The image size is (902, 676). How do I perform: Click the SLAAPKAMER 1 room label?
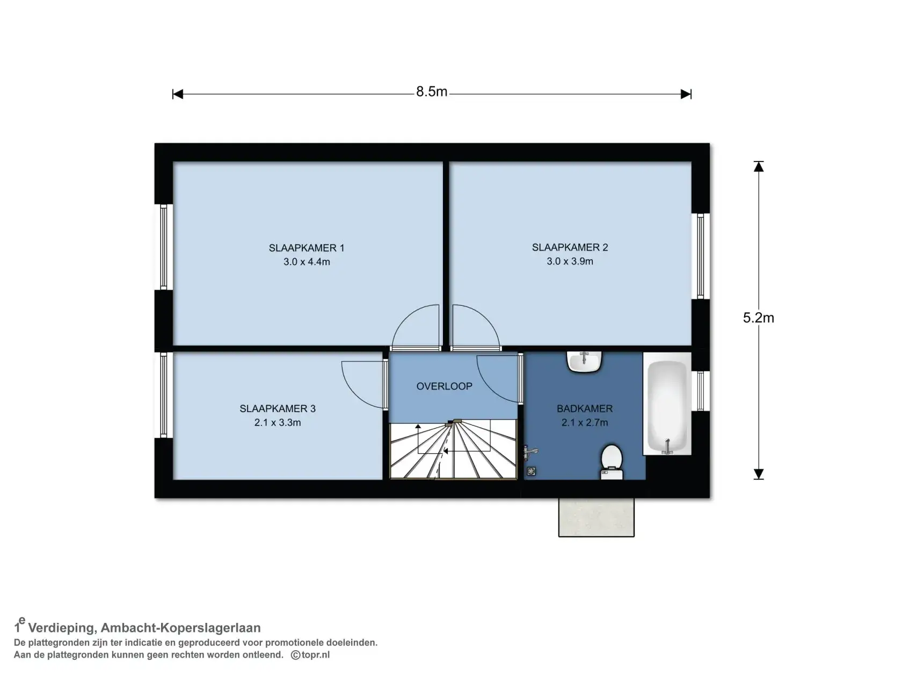[306, 248]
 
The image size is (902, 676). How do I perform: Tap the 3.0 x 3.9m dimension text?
[570, 261]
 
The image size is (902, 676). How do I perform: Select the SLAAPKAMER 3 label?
[278, 408]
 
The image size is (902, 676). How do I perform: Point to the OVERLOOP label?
[444, 386]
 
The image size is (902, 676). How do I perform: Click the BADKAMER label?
[584, 408]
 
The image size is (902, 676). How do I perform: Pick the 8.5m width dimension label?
[432, 92]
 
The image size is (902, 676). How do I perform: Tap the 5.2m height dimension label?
[758, 318]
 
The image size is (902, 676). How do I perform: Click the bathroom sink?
[584, 362]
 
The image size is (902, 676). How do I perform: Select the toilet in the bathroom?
[612, 462]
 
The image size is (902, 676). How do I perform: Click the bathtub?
[667, 404]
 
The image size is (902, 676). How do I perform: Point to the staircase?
[453, 449]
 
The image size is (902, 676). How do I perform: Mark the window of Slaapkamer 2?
[700, 256]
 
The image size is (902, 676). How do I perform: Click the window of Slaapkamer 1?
[164, 247]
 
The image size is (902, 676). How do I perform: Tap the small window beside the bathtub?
[700, 391]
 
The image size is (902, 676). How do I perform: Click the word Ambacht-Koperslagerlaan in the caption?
[181, 628]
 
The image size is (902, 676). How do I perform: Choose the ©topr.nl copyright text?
[310, 655]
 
